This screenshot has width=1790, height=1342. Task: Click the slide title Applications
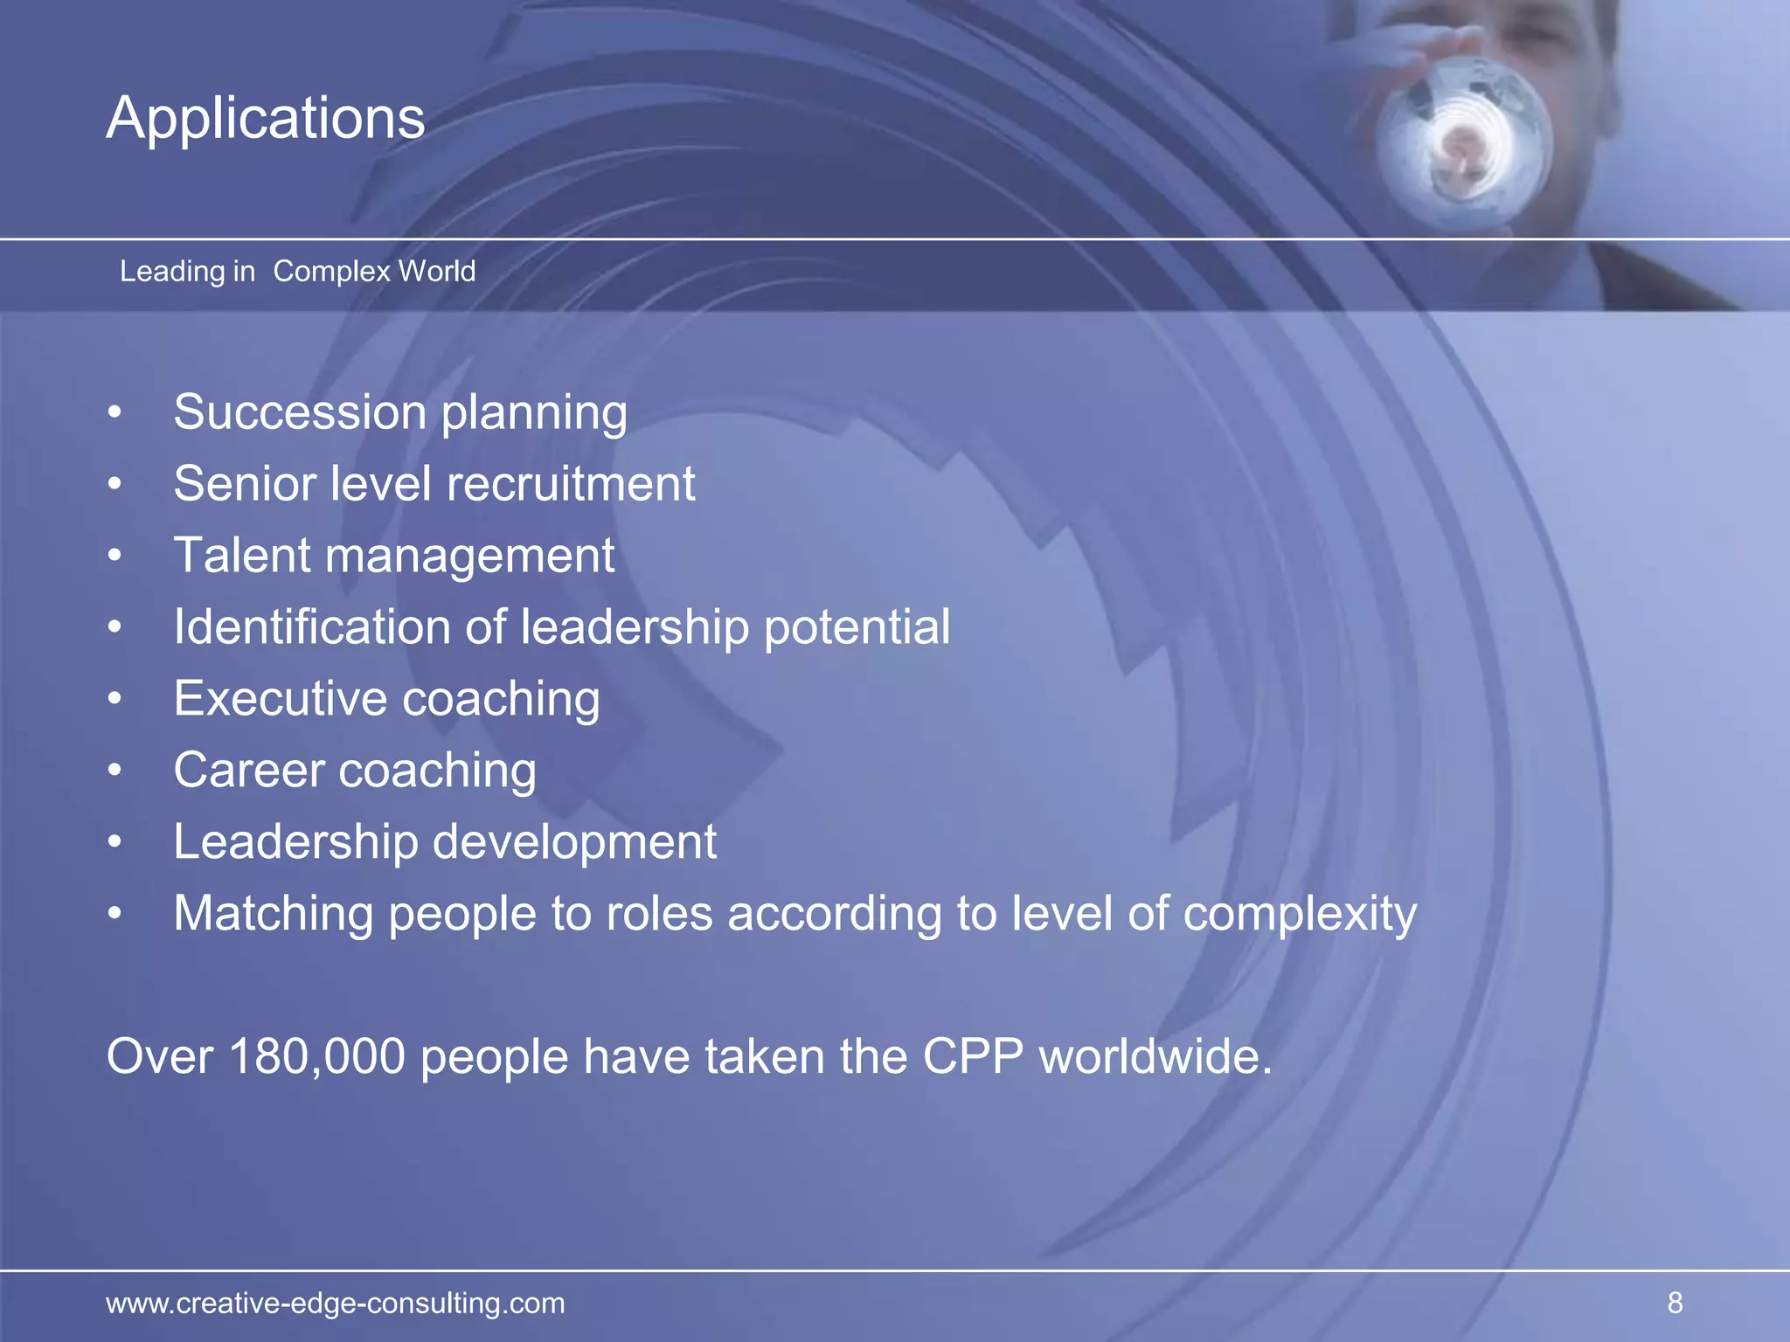266,118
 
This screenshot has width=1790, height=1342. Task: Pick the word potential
857,629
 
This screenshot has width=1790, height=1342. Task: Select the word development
574,843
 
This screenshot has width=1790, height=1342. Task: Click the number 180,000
317,1056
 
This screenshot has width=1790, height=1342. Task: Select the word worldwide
1154,1056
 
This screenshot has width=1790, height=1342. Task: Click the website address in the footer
336,1303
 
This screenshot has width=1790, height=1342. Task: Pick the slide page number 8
1675,1303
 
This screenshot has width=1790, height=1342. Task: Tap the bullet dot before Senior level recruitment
114,485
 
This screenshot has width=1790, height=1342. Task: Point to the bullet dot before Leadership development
114,843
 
